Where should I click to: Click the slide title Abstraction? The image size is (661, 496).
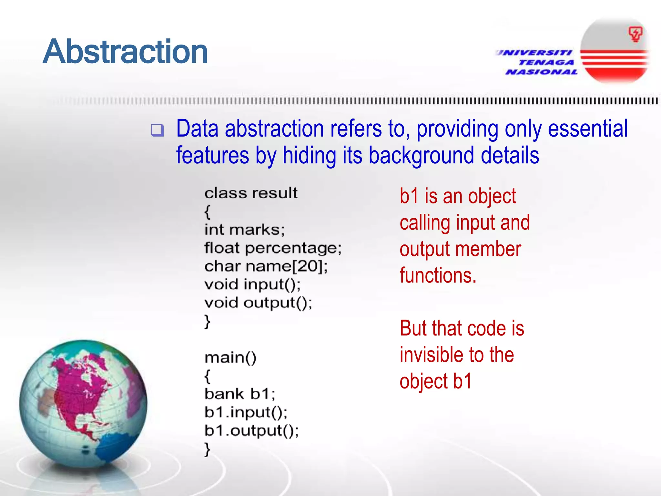point(125,52)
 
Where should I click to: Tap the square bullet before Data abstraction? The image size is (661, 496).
point(158,130)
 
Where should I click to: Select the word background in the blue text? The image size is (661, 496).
point(422,155)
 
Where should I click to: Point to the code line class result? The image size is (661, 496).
point(251,193)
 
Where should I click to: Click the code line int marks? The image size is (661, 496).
point(245,230)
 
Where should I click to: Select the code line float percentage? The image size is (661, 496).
point(273,248)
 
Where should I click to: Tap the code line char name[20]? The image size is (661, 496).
point(266,266)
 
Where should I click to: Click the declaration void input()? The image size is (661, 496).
point(252,284)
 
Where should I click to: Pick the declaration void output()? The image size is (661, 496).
point(258,303)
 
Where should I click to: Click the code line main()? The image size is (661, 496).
point(230,358)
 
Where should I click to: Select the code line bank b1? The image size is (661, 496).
point(240,394)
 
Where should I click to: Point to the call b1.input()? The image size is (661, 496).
point(246,412)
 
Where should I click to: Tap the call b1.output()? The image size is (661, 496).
point(251,431)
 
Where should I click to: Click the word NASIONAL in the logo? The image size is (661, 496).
point(542,72)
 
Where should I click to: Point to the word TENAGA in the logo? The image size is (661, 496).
point(546,62)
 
